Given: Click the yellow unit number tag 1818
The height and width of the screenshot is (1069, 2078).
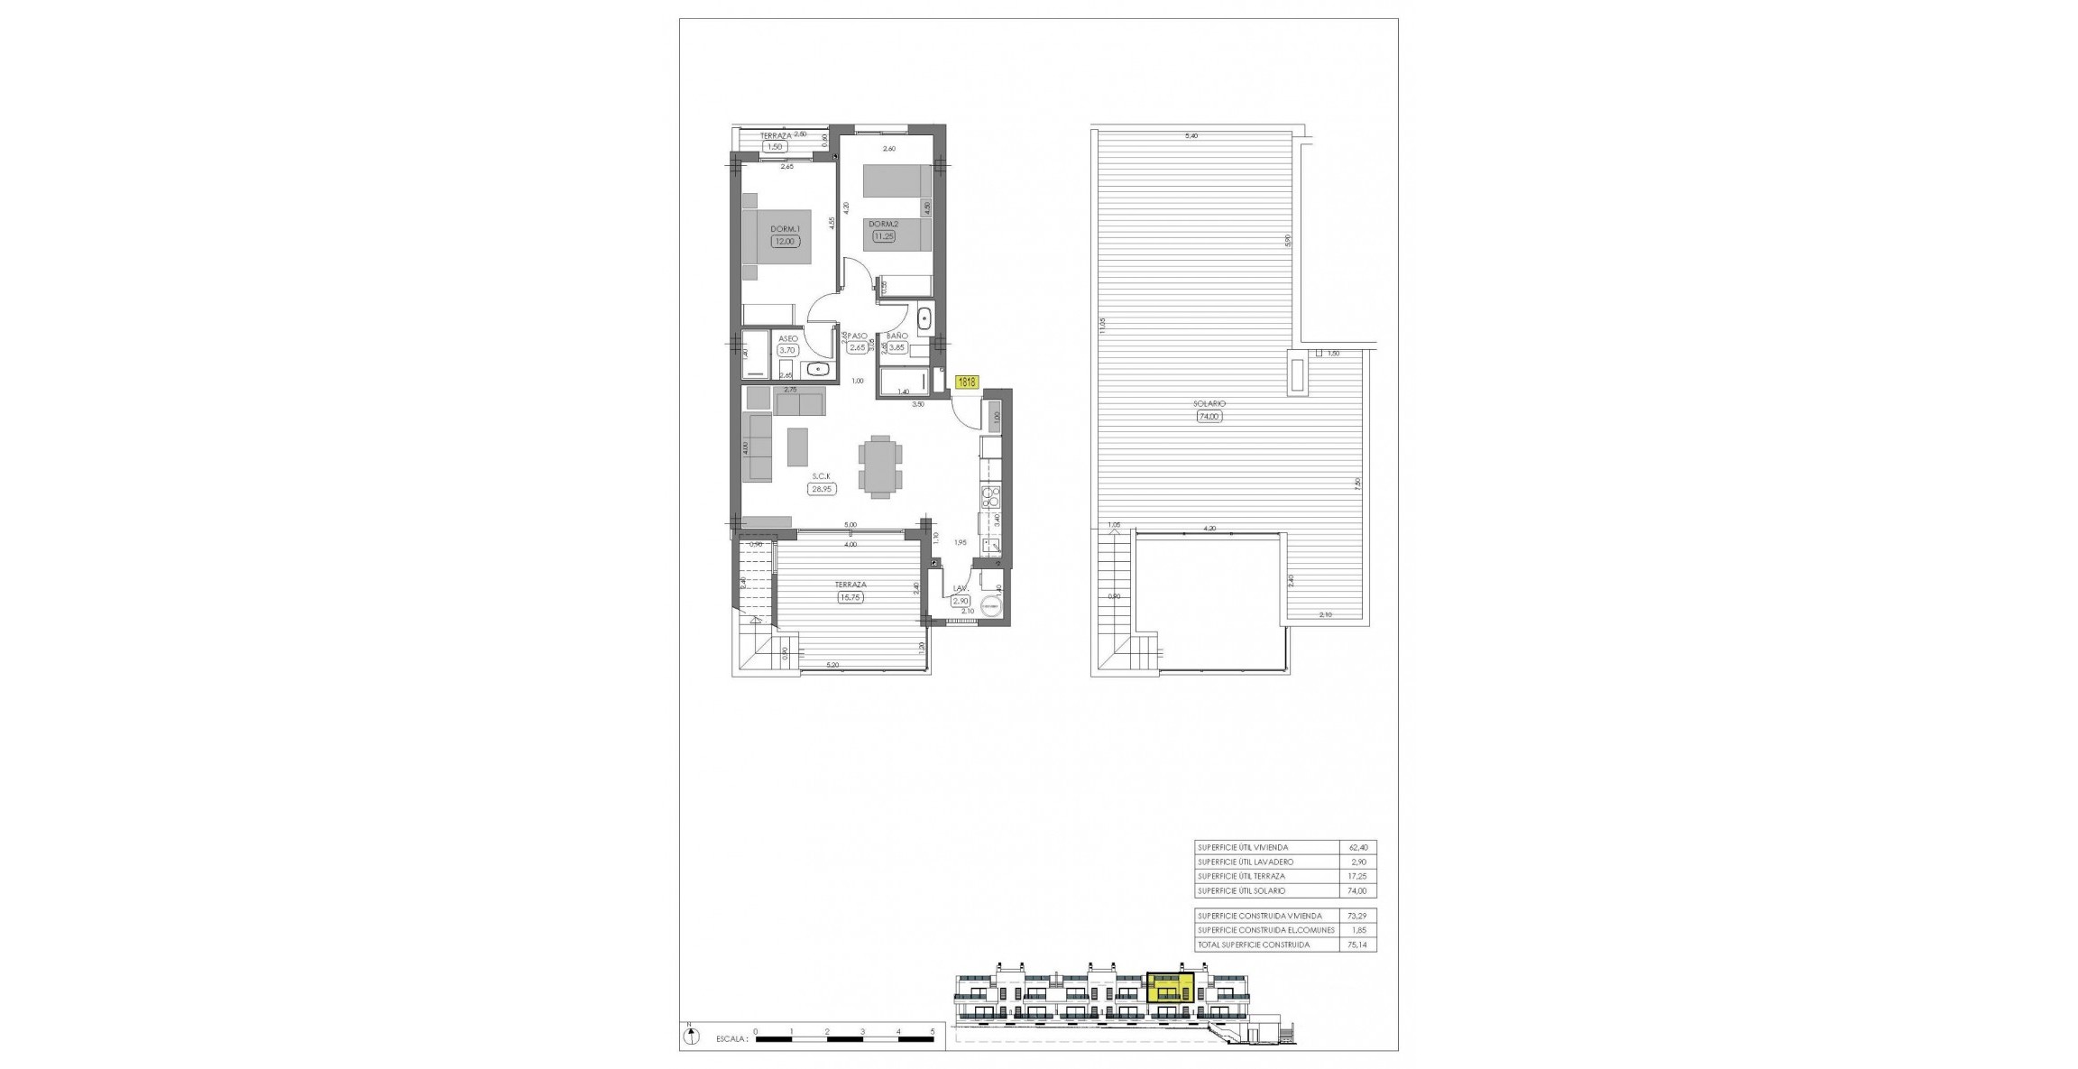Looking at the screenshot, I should pos(966,382).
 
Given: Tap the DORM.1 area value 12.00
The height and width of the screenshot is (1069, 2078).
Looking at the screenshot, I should pos(784,242).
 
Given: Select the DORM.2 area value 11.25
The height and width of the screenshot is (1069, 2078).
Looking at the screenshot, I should pos(883,236).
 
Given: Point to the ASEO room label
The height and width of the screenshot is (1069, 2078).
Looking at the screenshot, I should pos(787,338).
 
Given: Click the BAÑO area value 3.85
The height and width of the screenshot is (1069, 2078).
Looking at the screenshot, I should pos(896,347).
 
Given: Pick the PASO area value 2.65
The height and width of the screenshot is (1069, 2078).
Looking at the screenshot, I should pos(857,347).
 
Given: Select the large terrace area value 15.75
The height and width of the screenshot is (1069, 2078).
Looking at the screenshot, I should pos(849,597).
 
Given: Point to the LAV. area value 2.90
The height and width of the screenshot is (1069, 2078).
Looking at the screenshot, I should pos(961,601).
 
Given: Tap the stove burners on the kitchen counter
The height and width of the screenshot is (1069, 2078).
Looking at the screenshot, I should pos(991,495).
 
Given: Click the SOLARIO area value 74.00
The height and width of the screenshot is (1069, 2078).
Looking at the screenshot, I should pos(1209,417).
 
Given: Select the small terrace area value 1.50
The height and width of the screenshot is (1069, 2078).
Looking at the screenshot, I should pos(774,146).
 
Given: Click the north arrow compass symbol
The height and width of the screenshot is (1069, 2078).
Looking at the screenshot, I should pos(692,1037).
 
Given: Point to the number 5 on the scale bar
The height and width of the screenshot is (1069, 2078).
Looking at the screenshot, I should pos(933,1029).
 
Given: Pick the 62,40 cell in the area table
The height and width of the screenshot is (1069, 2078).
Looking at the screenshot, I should pos(1357,848).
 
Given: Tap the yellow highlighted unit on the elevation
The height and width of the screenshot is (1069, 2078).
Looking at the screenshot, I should pos(1170,989).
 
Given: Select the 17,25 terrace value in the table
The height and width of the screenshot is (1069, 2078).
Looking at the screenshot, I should pos(1357,877).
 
